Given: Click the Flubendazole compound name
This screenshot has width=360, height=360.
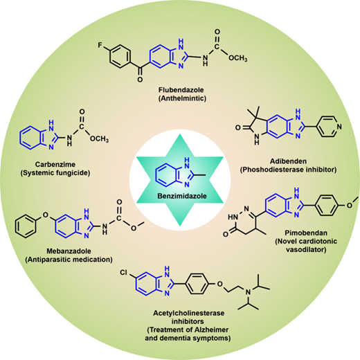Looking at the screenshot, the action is point(181,89).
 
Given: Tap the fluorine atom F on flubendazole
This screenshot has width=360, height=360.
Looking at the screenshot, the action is point(100,45).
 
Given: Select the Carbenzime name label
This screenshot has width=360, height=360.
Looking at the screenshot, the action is point(55,164).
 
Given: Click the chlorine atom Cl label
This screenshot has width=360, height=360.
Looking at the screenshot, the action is point(124,273).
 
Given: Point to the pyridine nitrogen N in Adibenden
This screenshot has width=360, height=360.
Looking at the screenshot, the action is point(339,127).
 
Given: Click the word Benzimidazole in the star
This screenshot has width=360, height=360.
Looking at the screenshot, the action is point(182,196).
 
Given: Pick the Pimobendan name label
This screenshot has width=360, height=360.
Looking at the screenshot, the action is point(306,233).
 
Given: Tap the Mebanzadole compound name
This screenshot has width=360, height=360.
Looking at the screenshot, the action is point(69,251).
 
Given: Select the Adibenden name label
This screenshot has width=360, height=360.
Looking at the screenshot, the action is point(288,161).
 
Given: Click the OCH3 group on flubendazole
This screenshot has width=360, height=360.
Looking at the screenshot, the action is point(238,58).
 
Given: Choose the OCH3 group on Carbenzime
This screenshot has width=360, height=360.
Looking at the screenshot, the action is point(99,138).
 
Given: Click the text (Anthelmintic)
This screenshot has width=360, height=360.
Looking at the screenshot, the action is point(182,98).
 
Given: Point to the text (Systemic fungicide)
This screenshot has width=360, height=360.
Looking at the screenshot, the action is point(55,173).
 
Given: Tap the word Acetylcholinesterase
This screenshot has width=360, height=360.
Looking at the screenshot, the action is point(189,313).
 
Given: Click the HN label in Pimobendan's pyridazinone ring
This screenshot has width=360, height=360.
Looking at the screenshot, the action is point(233,217).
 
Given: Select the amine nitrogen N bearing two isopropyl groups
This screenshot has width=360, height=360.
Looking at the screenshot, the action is point(249,292).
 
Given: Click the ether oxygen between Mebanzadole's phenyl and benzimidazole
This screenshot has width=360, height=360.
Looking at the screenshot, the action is point(46,215).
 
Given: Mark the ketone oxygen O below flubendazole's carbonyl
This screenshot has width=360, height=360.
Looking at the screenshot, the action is point(140,80).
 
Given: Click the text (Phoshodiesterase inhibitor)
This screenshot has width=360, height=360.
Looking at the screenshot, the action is point(288,170).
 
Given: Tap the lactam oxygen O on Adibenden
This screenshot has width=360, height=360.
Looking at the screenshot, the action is point(238,127).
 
